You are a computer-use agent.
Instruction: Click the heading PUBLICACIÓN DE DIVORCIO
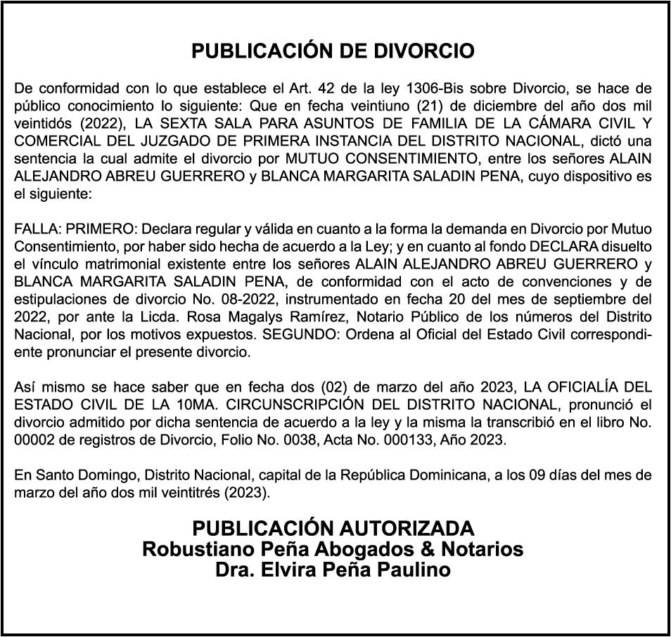pos(333,51)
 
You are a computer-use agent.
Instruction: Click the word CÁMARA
pos(564,120)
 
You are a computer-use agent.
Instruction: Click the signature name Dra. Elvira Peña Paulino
pos(333,570)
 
